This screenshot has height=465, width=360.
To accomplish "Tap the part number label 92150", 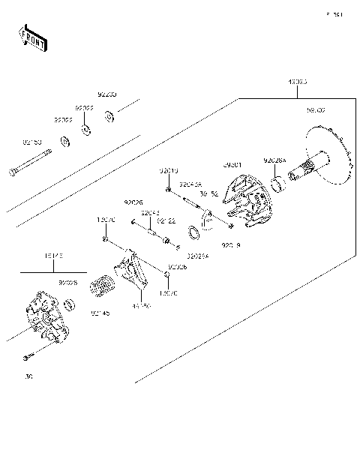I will tap(32, 141).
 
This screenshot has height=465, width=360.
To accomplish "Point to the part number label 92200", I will tap(107, 95).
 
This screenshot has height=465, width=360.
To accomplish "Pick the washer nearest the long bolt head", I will tap(66, 140).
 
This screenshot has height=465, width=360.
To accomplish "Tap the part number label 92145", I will tap(100, 313).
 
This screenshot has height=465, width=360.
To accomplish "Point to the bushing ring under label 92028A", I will tap(277, 182).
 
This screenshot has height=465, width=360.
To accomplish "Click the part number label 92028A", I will tap(274, 160).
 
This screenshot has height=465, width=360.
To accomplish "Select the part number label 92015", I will tap(168, 171).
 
